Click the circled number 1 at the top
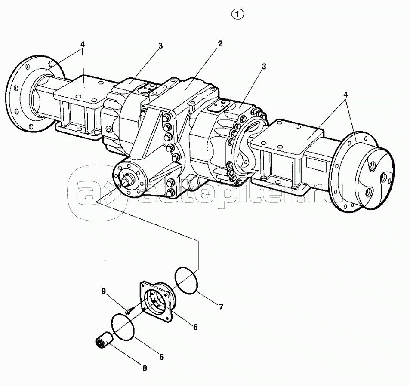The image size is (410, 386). [237, 14]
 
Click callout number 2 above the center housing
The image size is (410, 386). [220, 43]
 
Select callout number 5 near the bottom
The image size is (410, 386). [162, 357]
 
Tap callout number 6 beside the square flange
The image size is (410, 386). [195, 327]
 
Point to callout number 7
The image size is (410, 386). [221, 307]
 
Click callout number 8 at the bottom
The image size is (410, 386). [145, 368]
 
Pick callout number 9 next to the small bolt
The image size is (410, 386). [104, 291]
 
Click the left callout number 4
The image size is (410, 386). [83, 44]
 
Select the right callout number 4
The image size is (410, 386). [345, 95]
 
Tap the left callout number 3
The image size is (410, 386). [160, 46]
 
